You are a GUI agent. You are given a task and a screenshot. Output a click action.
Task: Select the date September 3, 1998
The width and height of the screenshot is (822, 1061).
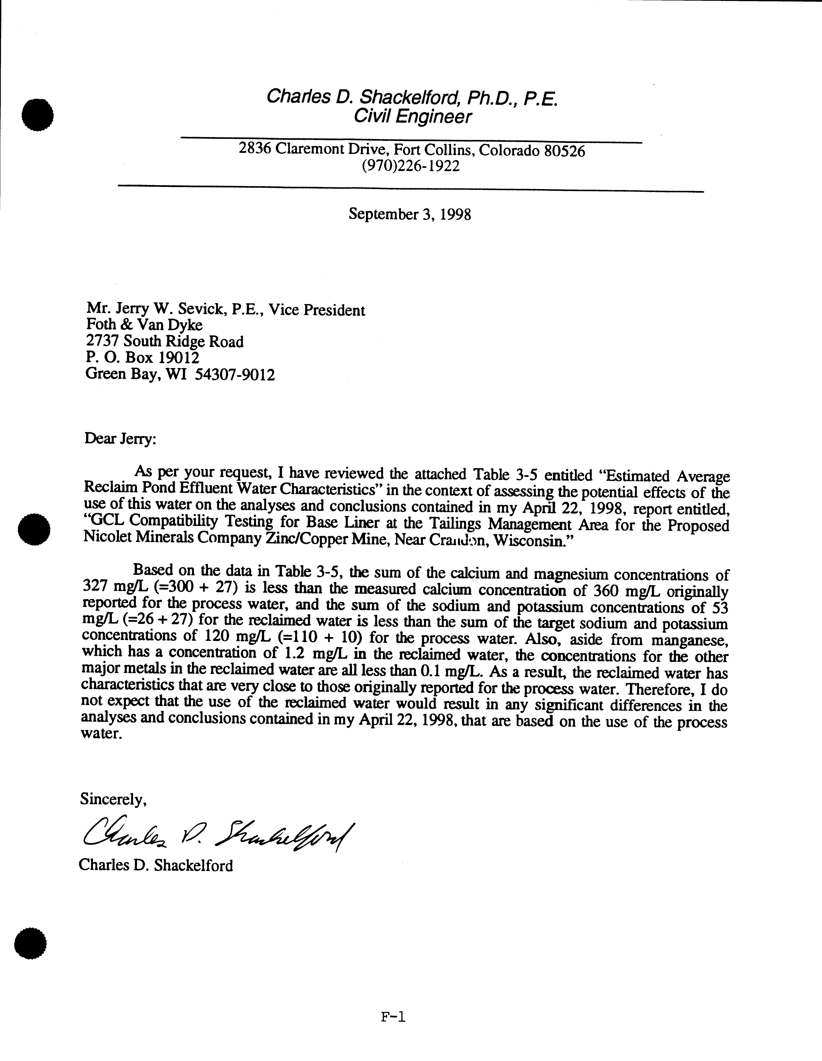coord(410,214)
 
